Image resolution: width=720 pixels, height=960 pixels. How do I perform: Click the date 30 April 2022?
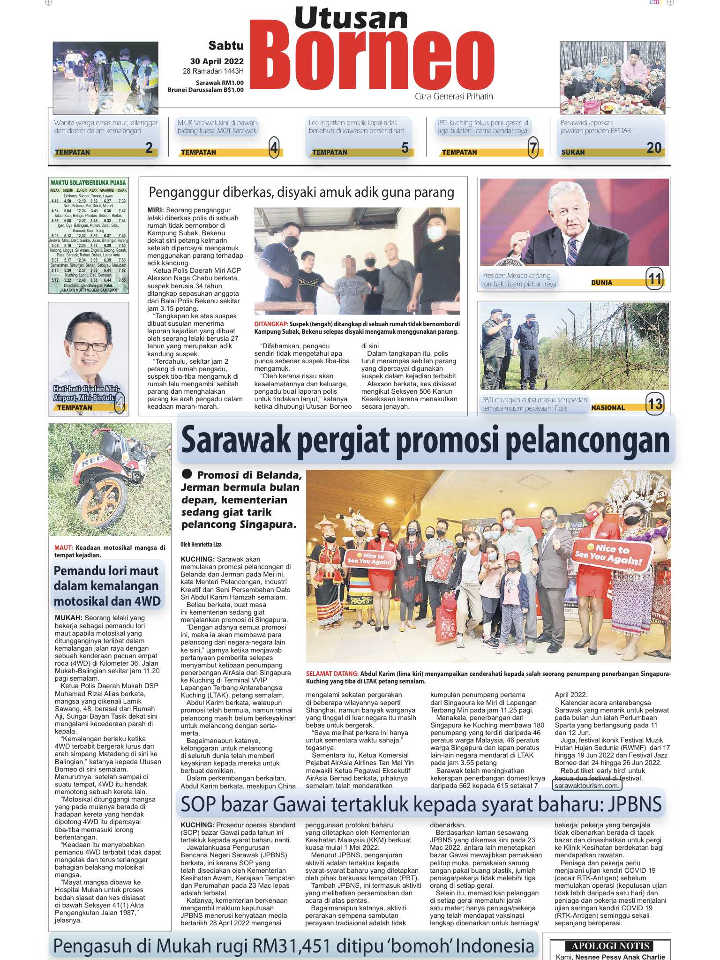click(217, 61)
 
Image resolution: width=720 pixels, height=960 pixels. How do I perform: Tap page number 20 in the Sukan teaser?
click(653, 148)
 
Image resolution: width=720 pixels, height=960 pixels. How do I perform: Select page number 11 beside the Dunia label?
click(654, 279)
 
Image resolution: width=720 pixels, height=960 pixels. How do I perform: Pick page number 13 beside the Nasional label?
click(655, 404)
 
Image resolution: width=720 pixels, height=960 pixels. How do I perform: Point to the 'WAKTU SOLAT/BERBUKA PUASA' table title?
click(88, 182)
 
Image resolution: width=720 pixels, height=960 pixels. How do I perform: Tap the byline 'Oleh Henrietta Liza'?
click(201, 544)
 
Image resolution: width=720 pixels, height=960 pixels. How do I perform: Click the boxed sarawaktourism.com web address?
click(586, 785)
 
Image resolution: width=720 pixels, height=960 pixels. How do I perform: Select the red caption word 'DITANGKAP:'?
click(271, 324)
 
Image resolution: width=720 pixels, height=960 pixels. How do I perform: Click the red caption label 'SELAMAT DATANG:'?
click(332, 674)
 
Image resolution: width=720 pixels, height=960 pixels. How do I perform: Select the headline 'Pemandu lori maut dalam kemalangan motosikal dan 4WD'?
click(107, 586)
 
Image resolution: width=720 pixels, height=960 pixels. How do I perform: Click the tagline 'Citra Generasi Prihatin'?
click(454, 97)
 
